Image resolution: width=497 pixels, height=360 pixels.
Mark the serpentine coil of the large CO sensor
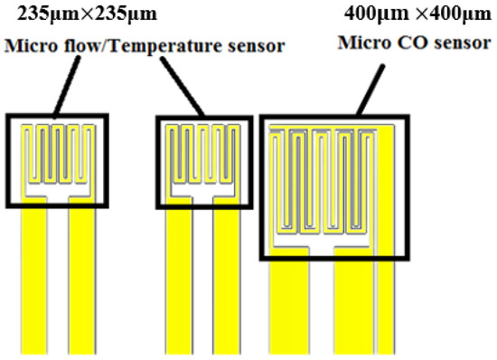click(334, 181)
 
